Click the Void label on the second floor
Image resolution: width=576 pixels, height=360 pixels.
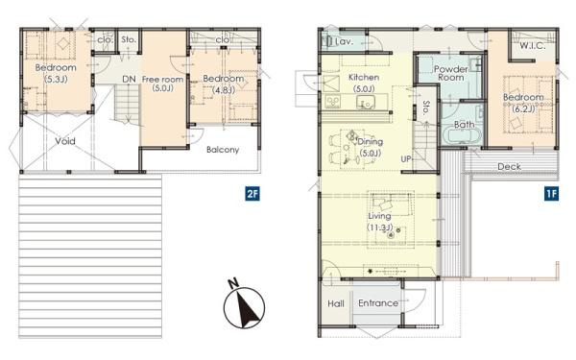point(65,140)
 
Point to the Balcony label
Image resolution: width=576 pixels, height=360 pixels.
point(223,150)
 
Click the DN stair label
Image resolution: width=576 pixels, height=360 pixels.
point(128,79)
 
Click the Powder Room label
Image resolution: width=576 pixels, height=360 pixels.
point(449,76)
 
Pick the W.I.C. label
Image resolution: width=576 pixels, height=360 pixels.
point(533,46)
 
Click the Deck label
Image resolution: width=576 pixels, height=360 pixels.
point(509,166)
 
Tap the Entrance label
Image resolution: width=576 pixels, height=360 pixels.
point(377,303)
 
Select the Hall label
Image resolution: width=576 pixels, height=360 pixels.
point(335,303)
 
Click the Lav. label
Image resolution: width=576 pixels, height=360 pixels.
point(343,41)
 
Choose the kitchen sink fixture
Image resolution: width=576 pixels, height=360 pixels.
point(336,102)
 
